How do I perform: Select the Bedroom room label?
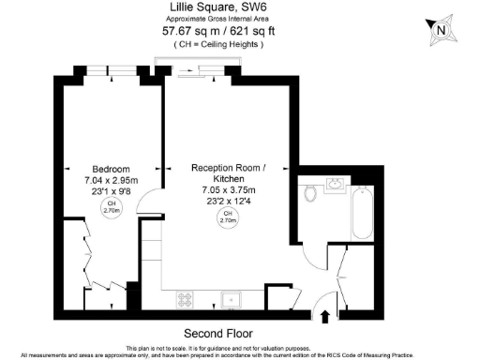[x=111, y=158]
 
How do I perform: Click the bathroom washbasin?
[x=336, y=185]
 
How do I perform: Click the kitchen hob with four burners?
[x=186, y=299]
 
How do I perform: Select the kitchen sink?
[x=229, y=299]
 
